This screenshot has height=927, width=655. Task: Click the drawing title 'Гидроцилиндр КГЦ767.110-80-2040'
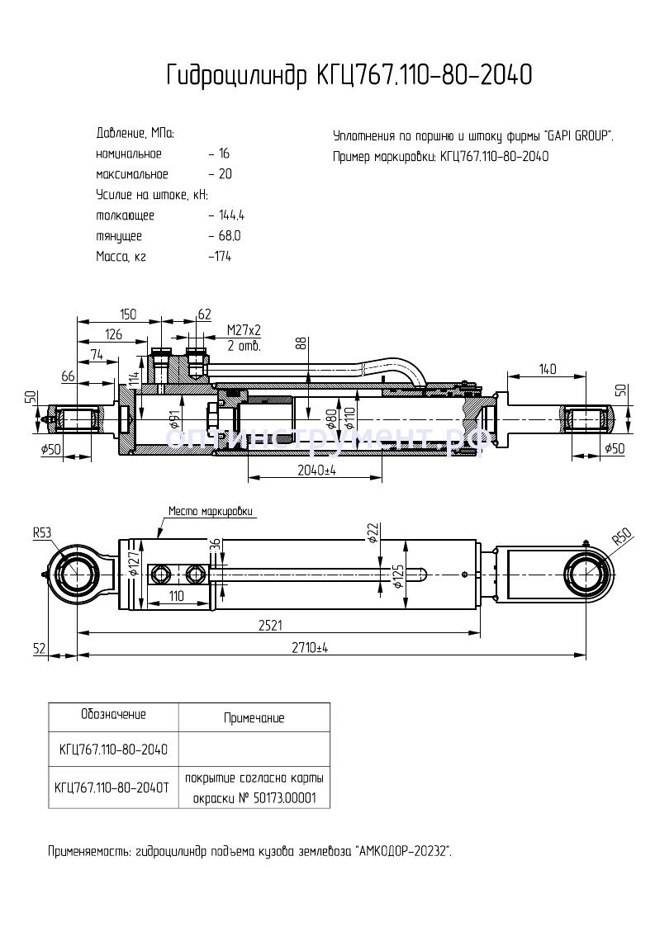[349, 76]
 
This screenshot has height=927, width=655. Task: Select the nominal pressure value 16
[224, 154]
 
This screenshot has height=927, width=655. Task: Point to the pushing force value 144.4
[233, 215]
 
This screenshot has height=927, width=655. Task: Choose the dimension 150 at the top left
[127, 315]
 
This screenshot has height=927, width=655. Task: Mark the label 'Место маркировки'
[210, 511]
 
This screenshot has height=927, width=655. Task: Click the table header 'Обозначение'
[113, 714]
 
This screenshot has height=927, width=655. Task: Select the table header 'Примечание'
[254, 718]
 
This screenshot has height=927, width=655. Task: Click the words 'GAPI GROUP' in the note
[579, 135]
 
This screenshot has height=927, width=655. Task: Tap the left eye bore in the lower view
[77, 573]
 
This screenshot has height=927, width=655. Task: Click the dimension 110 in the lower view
[176, 594]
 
